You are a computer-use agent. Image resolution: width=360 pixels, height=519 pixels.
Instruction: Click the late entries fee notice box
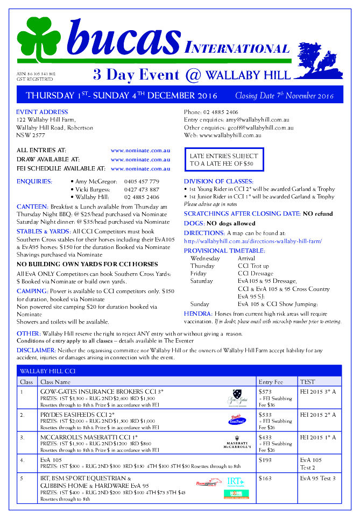(x=223, y=160)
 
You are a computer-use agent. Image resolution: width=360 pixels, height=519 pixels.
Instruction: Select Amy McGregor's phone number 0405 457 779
(x=142, y=182)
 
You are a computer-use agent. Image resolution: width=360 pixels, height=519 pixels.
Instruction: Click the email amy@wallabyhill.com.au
(x=258, y=120)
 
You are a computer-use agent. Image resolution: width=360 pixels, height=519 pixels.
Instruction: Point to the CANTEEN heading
(x=32, y=207)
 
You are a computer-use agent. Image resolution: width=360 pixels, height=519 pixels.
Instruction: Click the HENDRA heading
(x=197, y=313)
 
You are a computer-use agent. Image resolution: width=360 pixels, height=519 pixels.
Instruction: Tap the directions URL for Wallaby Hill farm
(x=253, y=241)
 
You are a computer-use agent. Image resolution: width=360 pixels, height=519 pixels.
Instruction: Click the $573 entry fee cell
(x=265, y=392)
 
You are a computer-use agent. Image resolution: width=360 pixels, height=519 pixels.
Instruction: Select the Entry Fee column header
(x=270, y=381)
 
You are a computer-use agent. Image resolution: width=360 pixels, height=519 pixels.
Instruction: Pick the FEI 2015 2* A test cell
(x=317, y=415)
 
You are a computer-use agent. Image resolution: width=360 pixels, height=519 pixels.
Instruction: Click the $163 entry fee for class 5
(x=265, y=478)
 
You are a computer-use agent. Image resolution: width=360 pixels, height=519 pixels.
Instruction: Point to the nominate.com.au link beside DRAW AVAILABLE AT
(x=140, y=160)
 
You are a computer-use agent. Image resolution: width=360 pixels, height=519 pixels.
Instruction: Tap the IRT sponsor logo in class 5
(x=235, y=481)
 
